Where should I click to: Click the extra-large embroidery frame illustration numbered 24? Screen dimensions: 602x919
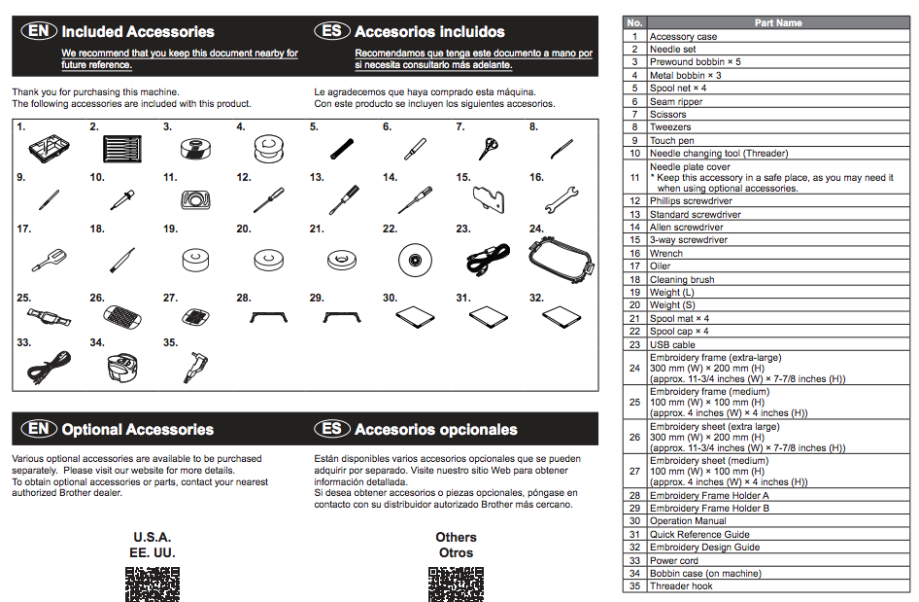click(560, 258)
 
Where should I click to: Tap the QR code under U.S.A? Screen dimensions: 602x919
click(153, 583)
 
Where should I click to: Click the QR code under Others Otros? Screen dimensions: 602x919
click(456, 583)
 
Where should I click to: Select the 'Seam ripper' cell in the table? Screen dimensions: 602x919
click(676, 101)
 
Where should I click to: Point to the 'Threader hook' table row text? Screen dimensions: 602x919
click(681, 586)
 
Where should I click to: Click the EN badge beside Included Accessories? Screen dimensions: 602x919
click(39, 31)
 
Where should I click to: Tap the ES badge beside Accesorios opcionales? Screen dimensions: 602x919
click(332, 429)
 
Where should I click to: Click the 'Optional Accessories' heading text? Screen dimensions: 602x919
click(137, 429)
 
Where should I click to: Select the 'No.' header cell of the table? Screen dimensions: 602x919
click(634, 22)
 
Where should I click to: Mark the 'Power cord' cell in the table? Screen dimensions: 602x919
click(674, 560)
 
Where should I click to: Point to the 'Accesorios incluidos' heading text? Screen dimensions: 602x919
click(429, 31)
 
